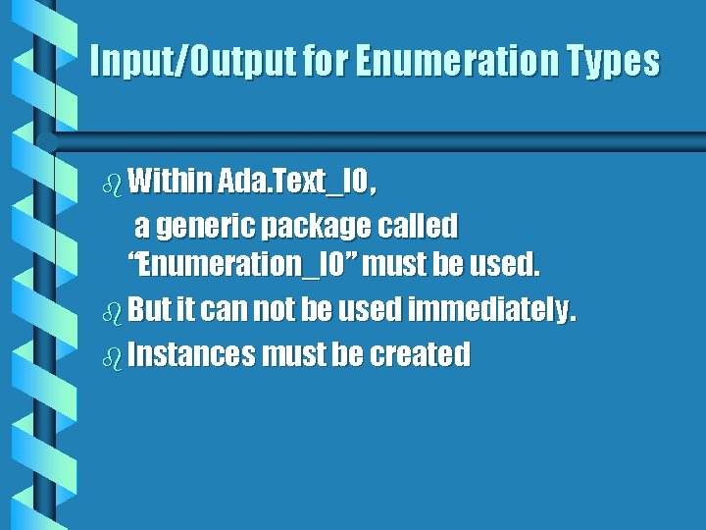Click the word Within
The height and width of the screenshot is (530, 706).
(x=169, y=181)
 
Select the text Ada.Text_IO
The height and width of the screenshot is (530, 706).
(x=294, y=181)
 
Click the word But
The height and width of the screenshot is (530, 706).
(x=149, y=311)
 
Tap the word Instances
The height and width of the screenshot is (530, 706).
(x=190, y=354)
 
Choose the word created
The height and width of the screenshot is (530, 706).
(x=420, y=354)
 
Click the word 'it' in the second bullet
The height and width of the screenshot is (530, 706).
(x=186, y=311)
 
